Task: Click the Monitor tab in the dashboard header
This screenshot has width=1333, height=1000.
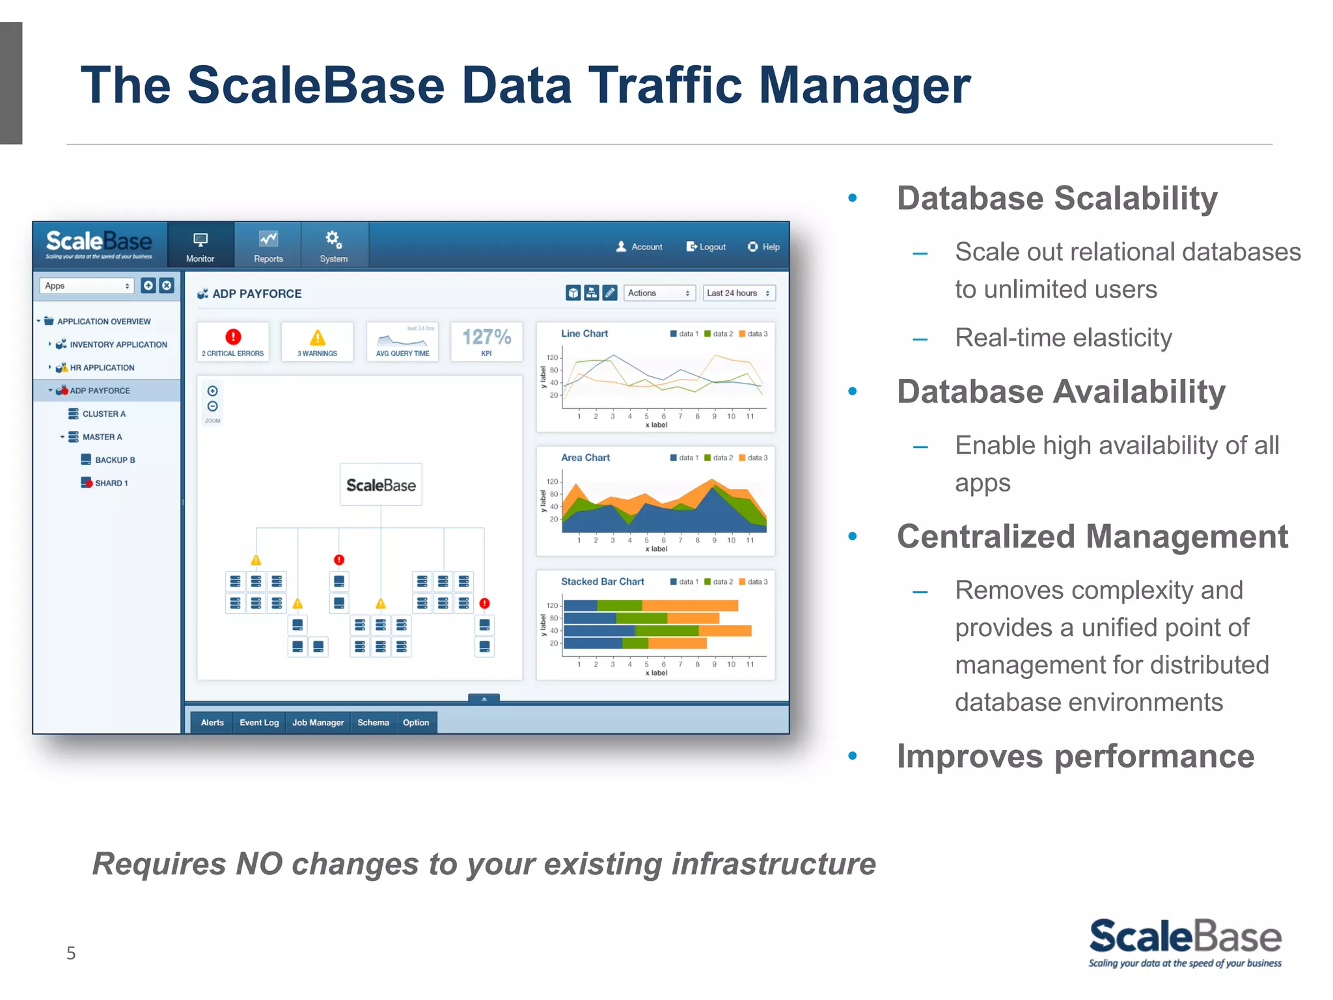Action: pos(200,246)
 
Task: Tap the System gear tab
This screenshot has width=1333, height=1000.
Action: pos(333,246)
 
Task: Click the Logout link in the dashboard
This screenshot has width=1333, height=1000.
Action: pos(706,247)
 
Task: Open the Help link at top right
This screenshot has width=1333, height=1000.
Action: pos(763,247)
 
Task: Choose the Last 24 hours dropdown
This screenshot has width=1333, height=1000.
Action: pos(739,293)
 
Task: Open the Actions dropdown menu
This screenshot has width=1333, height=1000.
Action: pos(659,293)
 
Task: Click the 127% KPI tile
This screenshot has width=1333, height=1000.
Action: pos(486,341)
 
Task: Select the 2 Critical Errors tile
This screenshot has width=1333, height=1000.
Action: pos(232,341)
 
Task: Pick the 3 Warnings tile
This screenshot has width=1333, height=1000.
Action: pos(317,341)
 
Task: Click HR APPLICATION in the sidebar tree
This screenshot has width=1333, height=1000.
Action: pos(102,368)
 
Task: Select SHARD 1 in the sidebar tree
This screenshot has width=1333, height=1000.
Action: pos(111,483)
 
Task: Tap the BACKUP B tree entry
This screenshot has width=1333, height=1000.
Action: pos(115,460)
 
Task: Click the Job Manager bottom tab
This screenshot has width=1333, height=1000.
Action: pos(318,723)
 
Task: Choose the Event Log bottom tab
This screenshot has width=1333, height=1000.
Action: pos(259,723)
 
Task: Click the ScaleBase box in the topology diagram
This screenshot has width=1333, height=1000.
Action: pos(381,485)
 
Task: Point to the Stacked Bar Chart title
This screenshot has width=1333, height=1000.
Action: pos(602,581)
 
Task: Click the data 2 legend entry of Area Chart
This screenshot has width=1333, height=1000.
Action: pos(719,458)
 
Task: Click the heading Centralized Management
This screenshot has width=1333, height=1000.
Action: pos(1092,536)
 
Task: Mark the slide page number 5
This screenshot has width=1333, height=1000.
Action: pos(71,953)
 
